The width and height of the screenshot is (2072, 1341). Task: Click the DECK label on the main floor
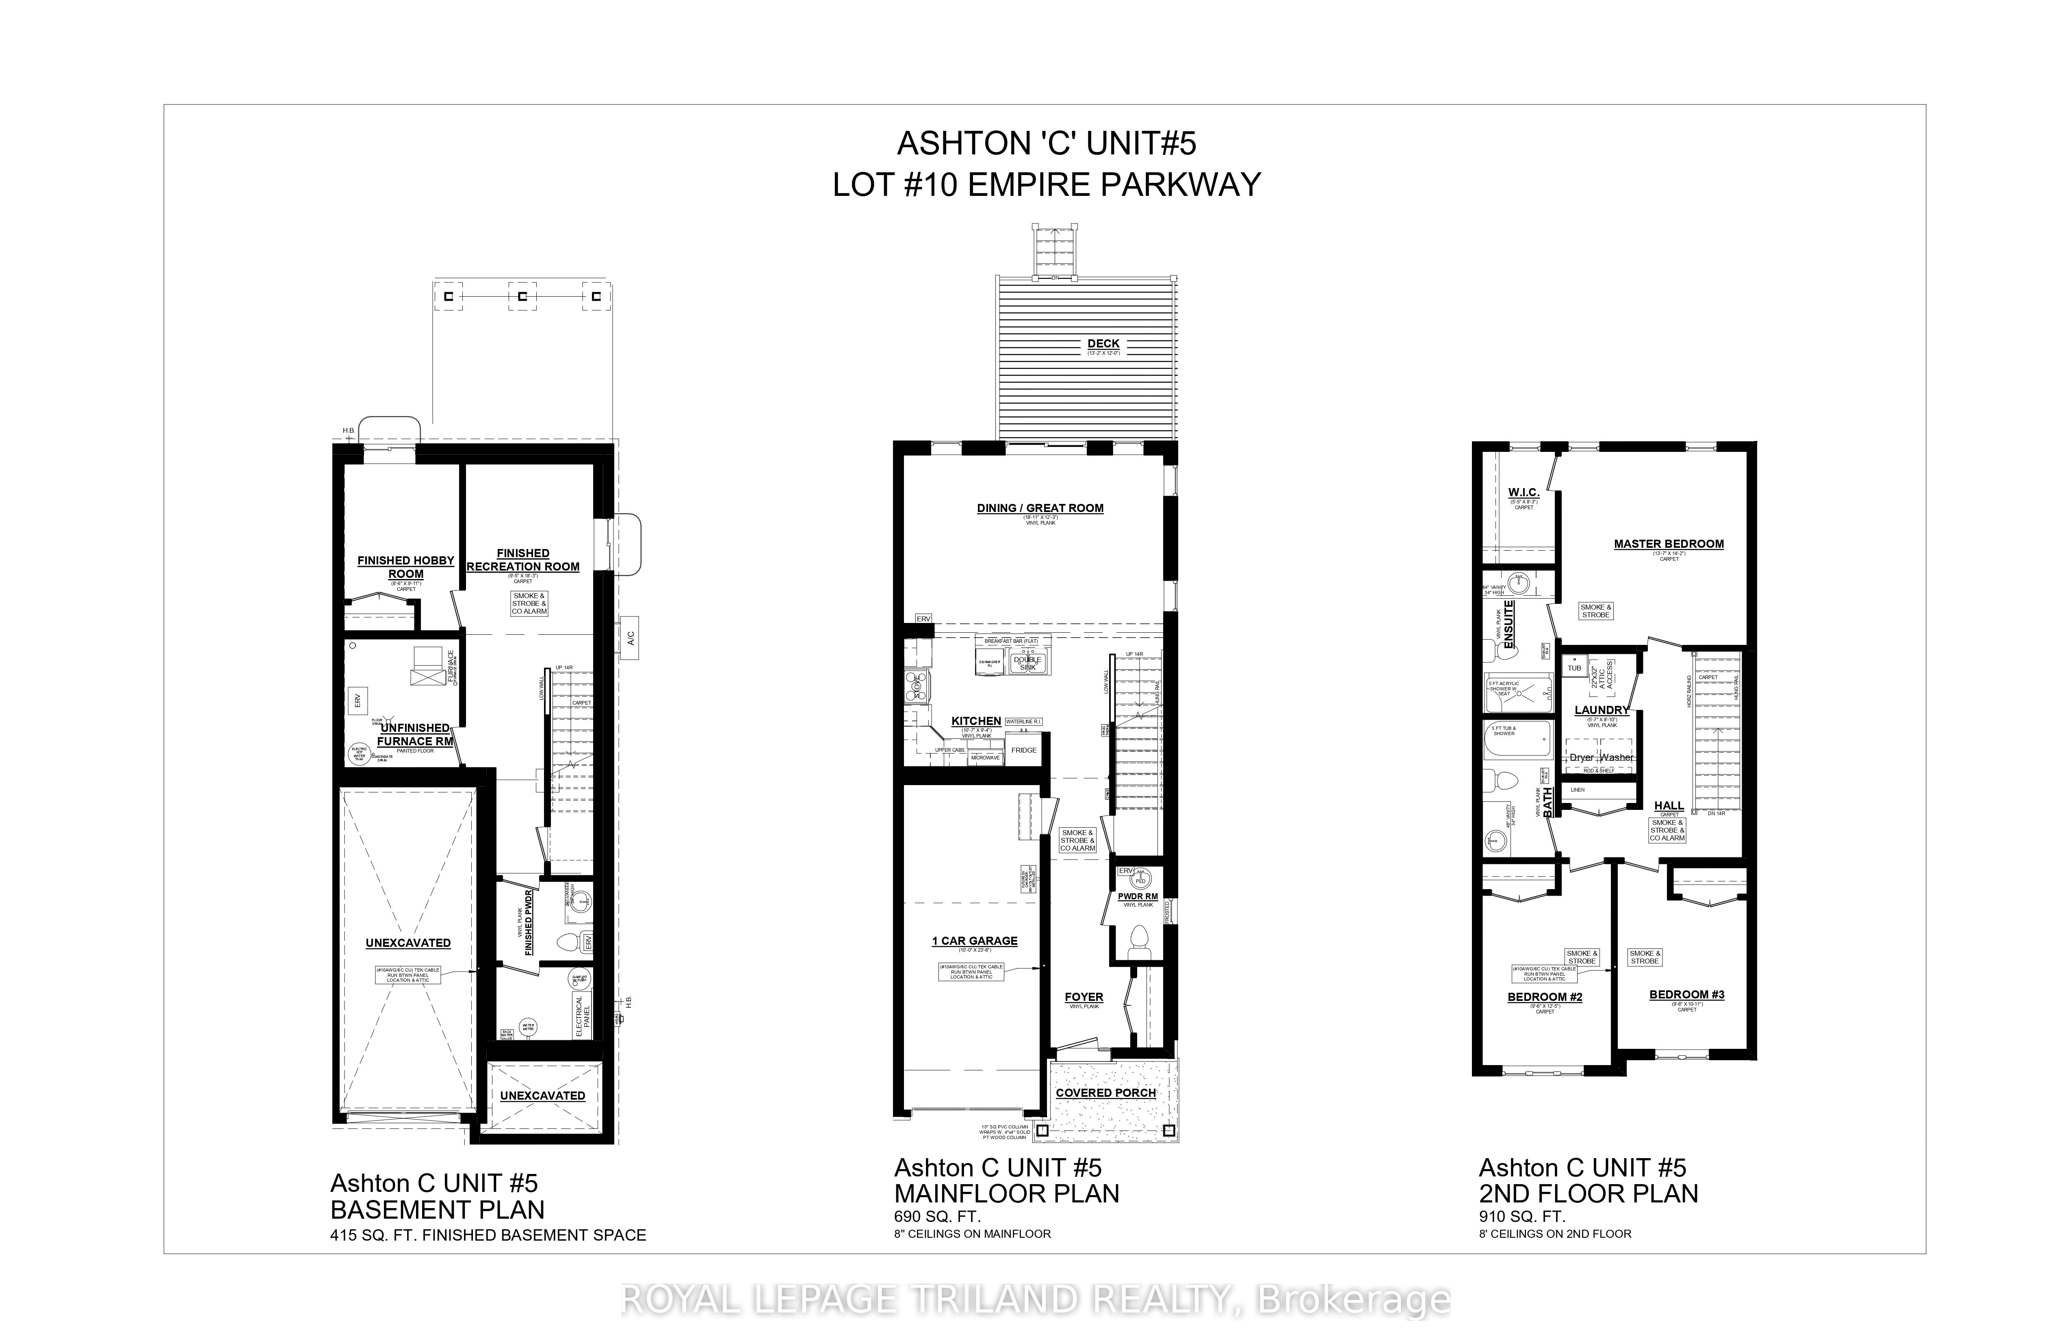pyautogui.click(x=1103, y=344)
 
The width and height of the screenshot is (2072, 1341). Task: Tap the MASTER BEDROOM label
pyautogui.click(x=1668, y=544)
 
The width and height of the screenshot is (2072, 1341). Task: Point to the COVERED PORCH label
pyautogui.click(x=1105, y=1093)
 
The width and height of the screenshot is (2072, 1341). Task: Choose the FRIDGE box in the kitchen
pyautogui.click(x=1024, y=750)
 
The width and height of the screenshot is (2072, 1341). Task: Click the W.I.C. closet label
pyautogui.click(x=1524, y=493)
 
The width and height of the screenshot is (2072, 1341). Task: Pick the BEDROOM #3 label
pyautogui.click(x=1686, y=994)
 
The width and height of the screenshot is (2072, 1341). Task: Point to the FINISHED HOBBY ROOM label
pyautogui.click(x=406, y=567)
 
